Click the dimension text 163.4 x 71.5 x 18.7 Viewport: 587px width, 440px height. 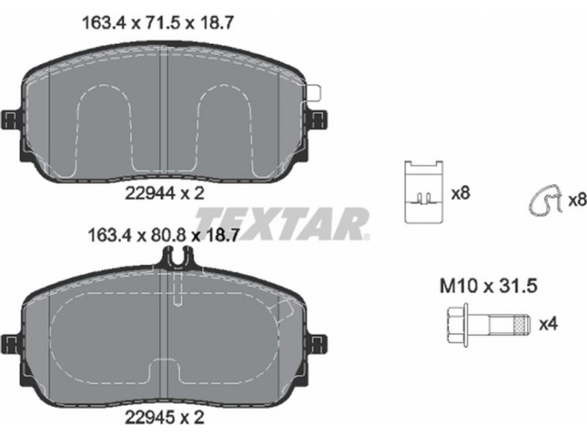click(158, 23)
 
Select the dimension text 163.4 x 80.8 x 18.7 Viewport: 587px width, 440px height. click(163, 235)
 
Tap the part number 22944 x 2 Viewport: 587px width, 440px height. click(164, 193)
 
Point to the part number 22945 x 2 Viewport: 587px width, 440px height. click(164, 417)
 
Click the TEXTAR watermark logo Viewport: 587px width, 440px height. click(282, 224)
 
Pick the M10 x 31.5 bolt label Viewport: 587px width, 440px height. click(488, 286)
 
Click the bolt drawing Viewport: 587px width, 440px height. click(489, 324)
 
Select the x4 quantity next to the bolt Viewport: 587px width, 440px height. click(548, 324)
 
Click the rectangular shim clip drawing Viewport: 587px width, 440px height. click(424, 192)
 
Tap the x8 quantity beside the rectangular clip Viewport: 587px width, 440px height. click(461, 194)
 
